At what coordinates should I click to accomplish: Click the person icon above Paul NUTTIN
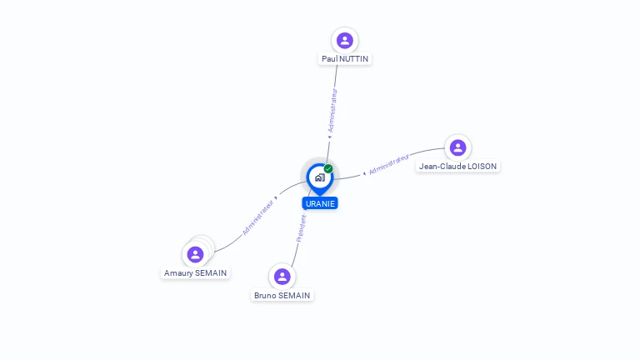(345, 40)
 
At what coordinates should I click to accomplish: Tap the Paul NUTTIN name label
(345, 59)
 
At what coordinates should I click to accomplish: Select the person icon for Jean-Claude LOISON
(458, 147)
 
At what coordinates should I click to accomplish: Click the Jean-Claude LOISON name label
(458, 166)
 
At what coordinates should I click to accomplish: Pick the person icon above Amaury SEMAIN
(196, 254)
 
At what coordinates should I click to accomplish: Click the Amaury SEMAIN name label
(196, 272)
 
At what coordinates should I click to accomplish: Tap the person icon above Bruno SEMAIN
(282, 277)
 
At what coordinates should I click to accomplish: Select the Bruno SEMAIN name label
(282, 295)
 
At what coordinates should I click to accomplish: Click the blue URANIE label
(320, 203)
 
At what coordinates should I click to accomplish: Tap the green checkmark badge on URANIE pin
(328, 168)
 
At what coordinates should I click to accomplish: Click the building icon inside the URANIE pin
(320, 177)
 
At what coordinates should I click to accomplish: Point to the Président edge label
(301, 228)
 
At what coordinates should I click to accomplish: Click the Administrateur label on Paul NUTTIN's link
(332, 110)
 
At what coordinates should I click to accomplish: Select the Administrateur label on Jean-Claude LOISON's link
(389, 164)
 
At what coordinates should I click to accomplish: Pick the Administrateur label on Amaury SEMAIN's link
(258, 217)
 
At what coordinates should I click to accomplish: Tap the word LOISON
(482, 166)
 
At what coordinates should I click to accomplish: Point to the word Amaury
(178, 273)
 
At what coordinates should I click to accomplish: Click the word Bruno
(265, 295)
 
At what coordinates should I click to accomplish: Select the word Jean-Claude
(442, 166)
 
